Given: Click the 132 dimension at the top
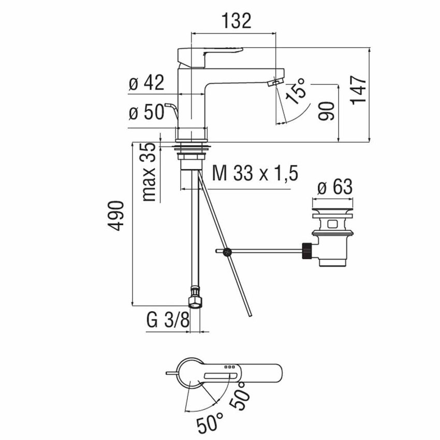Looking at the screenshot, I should coord(237,21).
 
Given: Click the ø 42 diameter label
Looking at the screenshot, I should coord(146,83).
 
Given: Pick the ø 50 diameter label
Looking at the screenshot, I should coord(146,113).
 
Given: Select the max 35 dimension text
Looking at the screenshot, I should coord(150,171).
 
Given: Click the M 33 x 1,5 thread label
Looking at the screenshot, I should coord(255,174).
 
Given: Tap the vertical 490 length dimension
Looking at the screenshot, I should coord(118,215).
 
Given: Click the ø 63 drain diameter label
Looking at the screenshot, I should coord(334,186).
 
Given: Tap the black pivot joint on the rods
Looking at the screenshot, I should coord(227,252).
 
